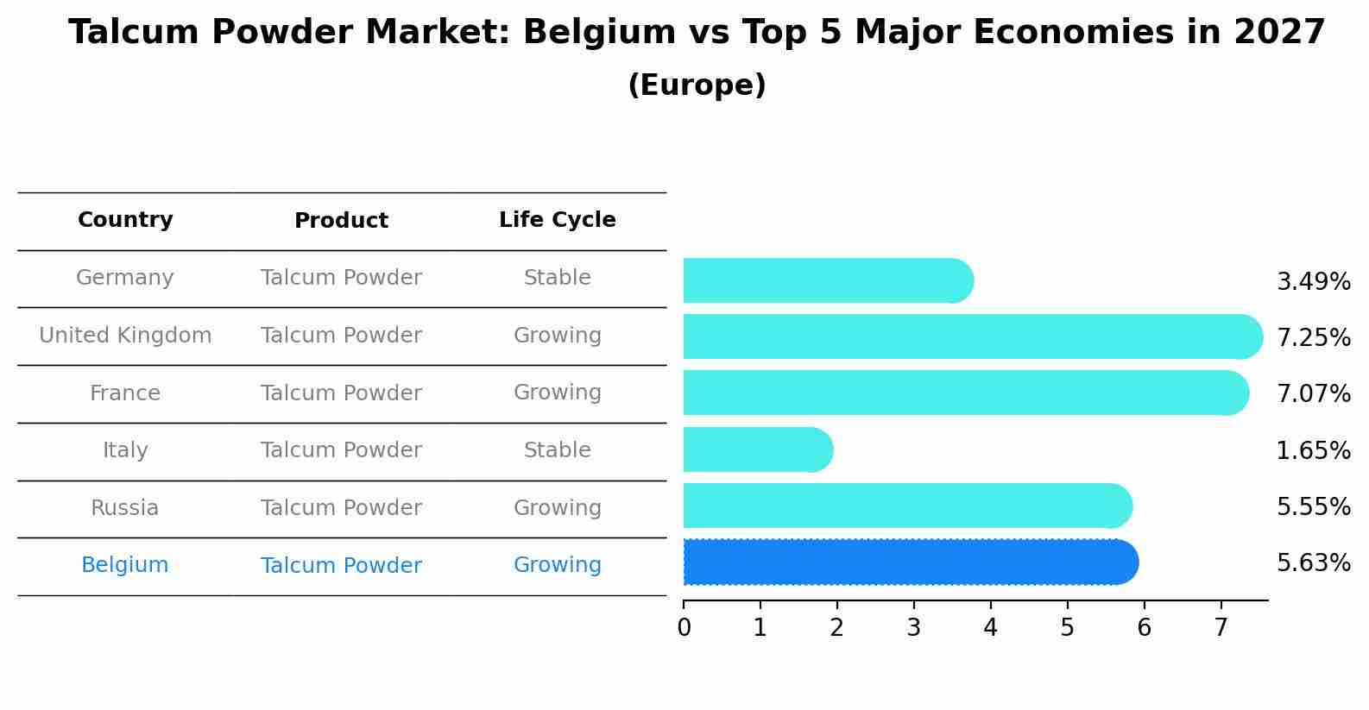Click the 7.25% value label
(1313, 337)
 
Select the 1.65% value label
(1313, 450)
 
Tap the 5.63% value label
(1313, 563)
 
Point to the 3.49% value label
(1313, 281)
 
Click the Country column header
(125, 220)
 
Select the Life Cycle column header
(557, 220)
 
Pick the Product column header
(341, 221)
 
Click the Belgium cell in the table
(125, 565)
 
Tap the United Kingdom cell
(125, 336)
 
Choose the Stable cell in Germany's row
(557, 278)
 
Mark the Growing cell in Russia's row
(557, 508)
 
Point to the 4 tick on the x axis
(990, 627)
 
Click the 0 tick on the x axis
(684, 627)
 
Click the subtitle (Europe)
(697, 85)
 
